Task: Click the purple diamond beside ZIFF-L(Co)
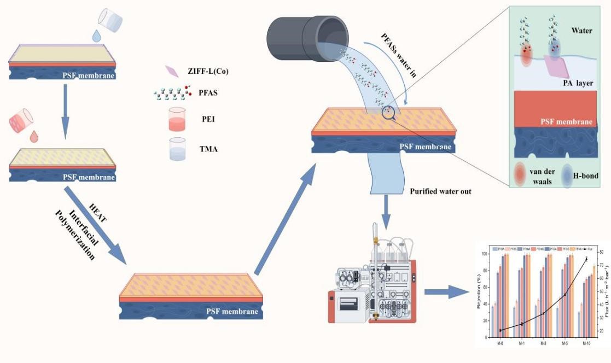[172, 71]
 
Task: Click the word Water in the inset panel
[582, 31]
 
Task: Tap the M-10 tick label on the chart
[586, 343]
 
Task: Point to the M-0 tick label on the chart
[501, 343]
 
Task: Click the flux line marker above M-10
[586, 259]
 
